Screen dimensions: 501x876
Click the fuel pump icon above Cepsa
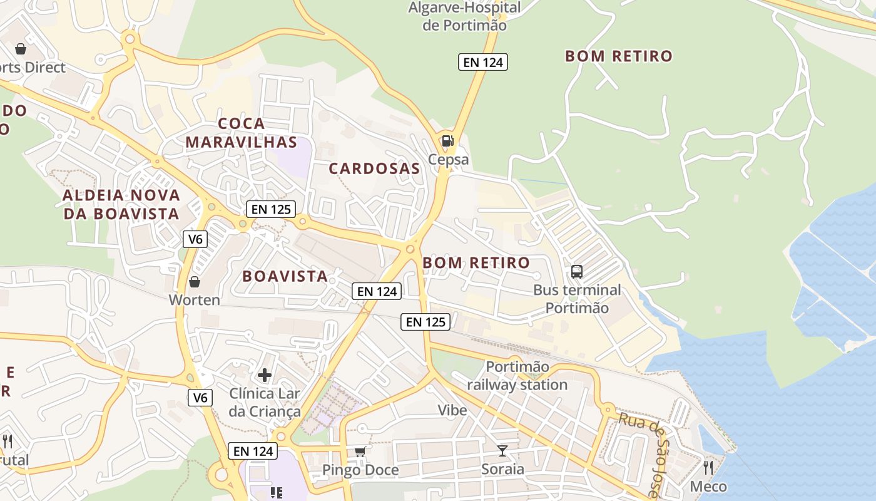point(447,141)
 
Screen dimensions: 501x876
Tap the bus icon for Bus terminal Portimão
point(576,272)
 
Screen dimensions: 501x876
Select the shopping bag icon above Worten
point(195,282)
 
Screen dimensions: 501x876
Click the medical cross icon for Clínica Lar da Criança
point(265,375)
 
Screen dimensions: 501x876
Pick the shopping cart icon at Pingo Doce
point(360,452)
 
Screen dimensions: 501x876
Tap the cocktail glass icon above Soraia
point(502,450)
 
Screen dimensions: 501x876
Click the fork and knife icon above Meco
point(708,467)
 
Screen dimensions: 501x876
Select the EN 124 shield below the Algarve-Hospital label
point(482,62)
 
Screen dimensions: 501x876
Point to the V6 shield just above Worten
point(195,239)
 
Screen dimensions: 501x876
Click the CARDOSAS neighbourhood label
point(374,168)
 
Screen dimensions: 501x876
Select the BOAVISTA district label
point(285,276)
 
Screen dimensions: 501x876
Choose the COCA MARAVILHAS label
point(241,133)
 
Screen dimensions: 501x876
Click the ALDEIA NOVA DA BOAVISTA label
point(121,205)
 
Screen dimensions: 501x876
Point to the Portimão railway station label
point(517,376)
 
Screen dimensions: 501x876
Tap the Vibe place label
point(452,410)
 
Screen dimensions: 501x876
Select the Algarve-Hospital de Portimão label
point(464,17)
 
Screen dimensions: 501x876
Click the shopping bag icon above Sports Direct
point(21,49)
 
